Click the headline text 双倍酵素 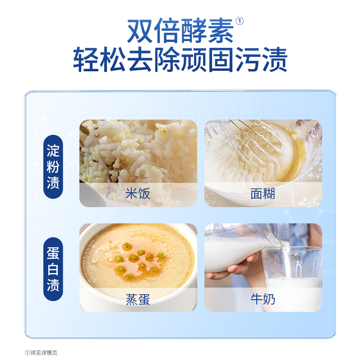point(180,31)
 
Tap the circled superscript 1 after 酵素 point(240,21)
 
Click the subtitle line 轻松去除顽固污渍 point(180,60)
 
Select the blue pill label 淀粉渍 point(53,167)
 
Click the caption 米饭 point(138,194)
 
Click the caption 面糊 point(263,194)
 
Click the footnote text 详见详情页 point(43,353)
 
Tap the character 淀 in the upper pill point(53,150)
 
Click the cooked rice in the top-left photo point(135,149)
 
